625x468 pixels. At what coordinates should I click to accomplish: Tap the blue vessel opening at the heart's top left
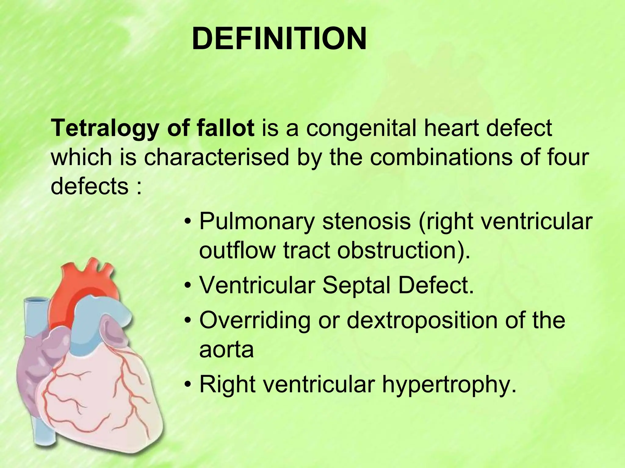click(x=36, y=302)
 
